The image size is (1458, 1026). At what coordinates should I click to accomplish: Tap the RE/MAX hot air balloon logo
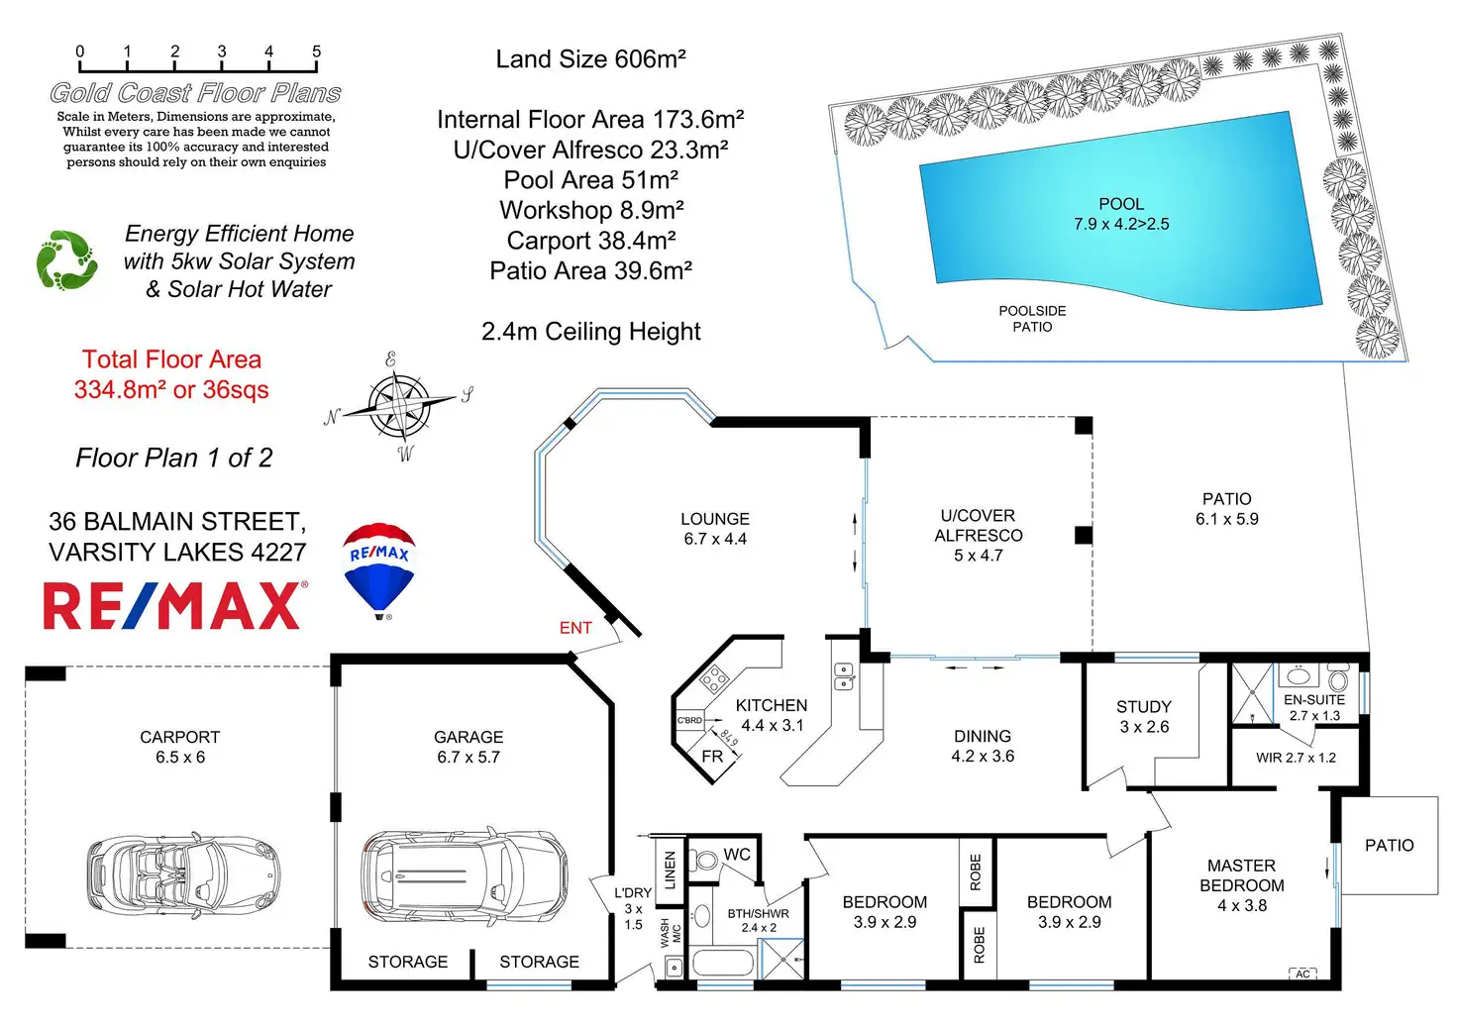(x=378, y=570)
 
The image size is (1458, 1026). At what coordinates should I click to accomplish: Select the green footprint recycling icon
(x=66, y=260)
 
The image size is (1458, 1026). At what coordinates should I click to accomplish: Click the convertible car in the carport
(x=182, y=874)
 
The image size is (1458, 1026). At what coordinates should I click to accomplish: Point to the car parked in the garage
(x=464, y=877)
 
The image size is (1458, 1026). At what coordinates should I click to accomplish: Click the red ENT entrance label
(x=575, y=628)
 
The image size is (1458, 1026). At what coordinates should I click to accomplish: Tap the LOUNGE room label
(x=715, y=519)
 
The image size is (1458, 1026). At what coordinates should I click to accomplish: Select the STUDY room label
(x=1144, y=707)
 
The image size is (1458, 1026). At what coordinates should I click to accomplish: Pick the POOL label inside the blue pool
(x=1121, y=204)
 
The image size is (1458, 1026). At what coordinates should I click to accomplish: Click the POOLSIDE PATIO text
(x=1032, y=319)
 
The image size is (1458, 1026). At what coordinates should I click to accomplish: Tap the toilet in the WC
(x=704, y=859)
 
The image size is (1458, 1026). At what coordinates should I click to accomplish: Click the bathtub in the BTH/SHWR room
(x=722, y=963)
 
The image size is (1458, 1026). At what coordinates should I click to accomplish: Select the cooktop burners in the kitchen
(x=714, y=679)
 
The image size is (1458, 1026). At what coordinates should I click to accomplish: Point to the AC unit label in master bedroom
(x=1302, y=975)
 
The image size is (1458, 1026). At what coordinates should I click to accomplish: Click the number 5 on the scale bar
(x=316, y=51)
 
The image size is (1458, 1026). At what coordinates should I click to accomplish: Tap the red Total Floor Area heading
(x=171, y=359)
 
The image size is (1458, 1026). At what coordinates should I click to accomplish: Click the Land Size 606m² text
(x=590, y=59)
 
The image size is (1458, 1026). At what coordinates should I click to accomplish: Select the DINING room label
(x=983, y=736)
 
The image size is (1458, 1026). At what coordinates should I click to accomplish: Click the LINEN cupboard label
(x=671, y=869)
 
